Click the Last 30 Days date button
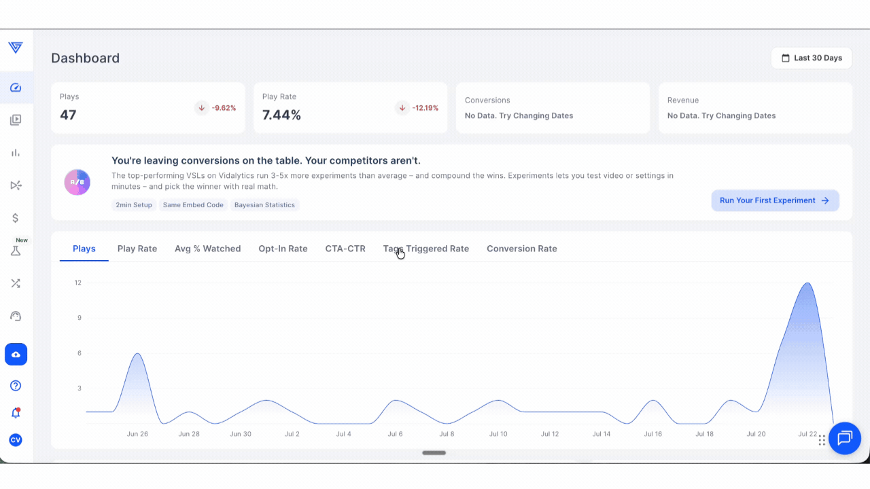tap(812, 58)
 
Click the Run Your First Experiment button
tap(776, 200)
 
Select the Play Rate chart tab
tap(137, 249)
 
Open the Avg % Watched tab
tap(208, 249)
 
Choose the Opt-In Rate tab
tap(283, 249)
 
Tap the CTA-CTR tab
tap(345, 249)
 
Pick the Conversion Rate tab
tap(522, 249)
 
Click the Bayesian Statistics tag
tap(264, 205)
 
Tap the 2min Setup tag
tap(134, 205)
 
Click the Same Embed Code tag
tap(193, 205)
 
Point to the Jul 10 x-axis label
tap(498, 434)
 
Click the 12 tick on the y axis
tap(78, 283)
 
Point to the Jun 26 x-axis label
tap(137, 434)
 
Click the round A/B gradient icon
tap(77, 182)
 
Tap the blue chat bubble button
tap(845, 438)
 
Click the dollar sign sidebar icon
tap(16, 218)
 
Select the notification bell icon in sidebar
tap(16, 412)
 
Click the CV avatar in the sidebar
tap(16, 439)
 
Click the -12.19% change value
tap(425, 108)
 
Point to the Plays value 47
tap(68, 115)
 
